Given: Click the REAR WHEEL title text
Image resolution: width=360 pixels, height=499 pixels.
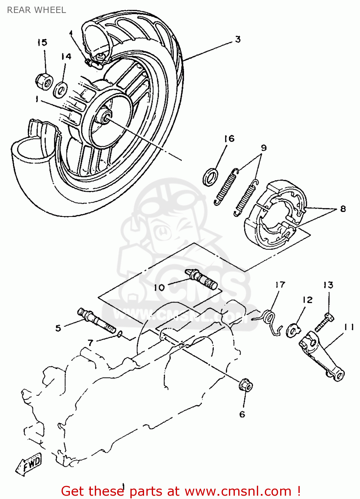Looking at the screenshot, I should pyautogui.click(x=36, y=10).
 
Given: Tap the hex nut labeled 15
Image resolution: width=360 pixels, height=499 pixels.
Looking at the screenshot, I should pyautogui.click(x=44, y=81).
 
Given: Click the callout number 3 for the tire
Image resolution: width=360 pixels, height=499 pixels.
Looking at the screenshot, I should pyautogui.click(x=238, y=39).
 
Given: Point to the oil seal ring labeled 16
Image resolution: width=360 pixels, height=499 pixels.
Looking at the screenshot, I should pyautogui.click(x=210, y=177).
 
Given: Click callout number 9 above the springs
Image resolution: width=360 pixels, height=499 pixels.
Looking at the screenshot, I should pyautogui.click(x=264, y=148).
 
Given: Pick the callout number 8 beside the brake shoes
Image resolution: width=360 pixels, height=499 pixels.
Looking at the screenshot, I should pyautogui.click(x=343, y=209).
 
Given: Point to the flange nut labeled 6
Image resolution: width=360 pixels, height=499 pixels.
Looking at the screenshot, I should pyautogui.click(x=246, y=386).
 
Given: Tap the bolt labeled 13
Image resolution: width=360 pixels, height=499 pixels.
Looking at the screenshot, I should pyautogui.click(x=324, y=322).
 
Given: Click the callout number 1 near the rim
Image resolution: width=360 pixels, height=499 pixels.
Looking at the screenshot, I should pyautogui.click(x=38, y=99).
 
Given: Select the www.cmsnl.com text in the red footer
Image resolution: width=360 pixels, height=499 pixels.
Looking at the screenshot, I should pyautogui.click(x=238, y=491).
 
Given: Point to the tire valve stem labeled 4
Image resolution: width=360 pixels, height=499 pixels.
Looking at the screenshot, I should pyautogui.click(x=94, y=63).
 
